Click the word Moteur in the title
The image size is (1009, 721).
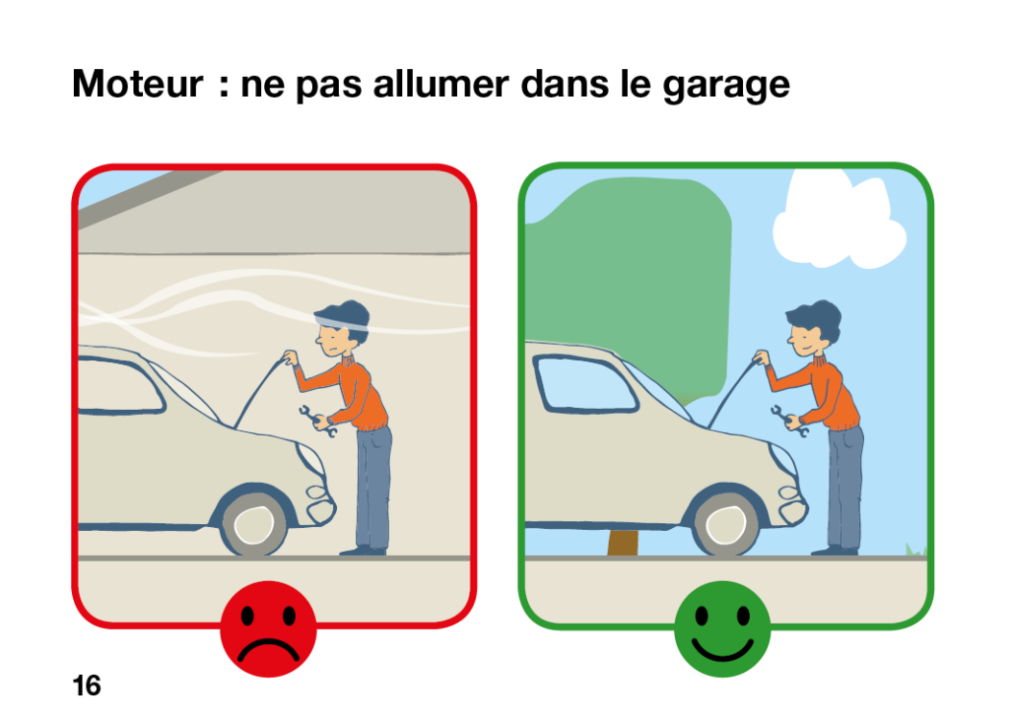[x=137, y=84]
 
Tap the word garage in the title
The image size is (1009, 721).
[x=726, y=87]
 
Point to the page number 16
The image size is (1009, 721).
[x=87, y=686]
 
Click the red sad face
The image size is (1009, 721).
[x=268, y=629]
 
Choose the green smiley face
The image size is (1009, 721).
[x=722, y=629]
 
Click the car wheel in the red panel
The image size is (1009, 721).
[x=255, y=524]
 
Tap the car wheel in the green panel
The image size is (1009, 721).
[x=727, y=524]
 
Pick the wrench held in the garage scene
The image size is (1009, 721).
[x=317, y=422]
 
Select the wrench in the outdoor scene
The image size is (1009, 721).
[x=789, y=422]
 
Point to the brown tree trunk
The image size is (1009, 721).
[x=623, y=542]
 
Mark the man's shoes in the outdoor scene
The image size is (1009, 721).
[x=835, y=551]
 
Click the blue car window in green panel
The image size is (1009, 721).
[x=585, y=383]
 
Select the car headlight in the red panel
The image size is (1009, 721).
[x=310, y=458]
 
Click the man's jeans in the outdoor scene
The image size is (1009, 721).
[x=844, y=487]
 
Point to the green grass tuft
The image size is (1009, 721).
[x=916, y=550]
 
